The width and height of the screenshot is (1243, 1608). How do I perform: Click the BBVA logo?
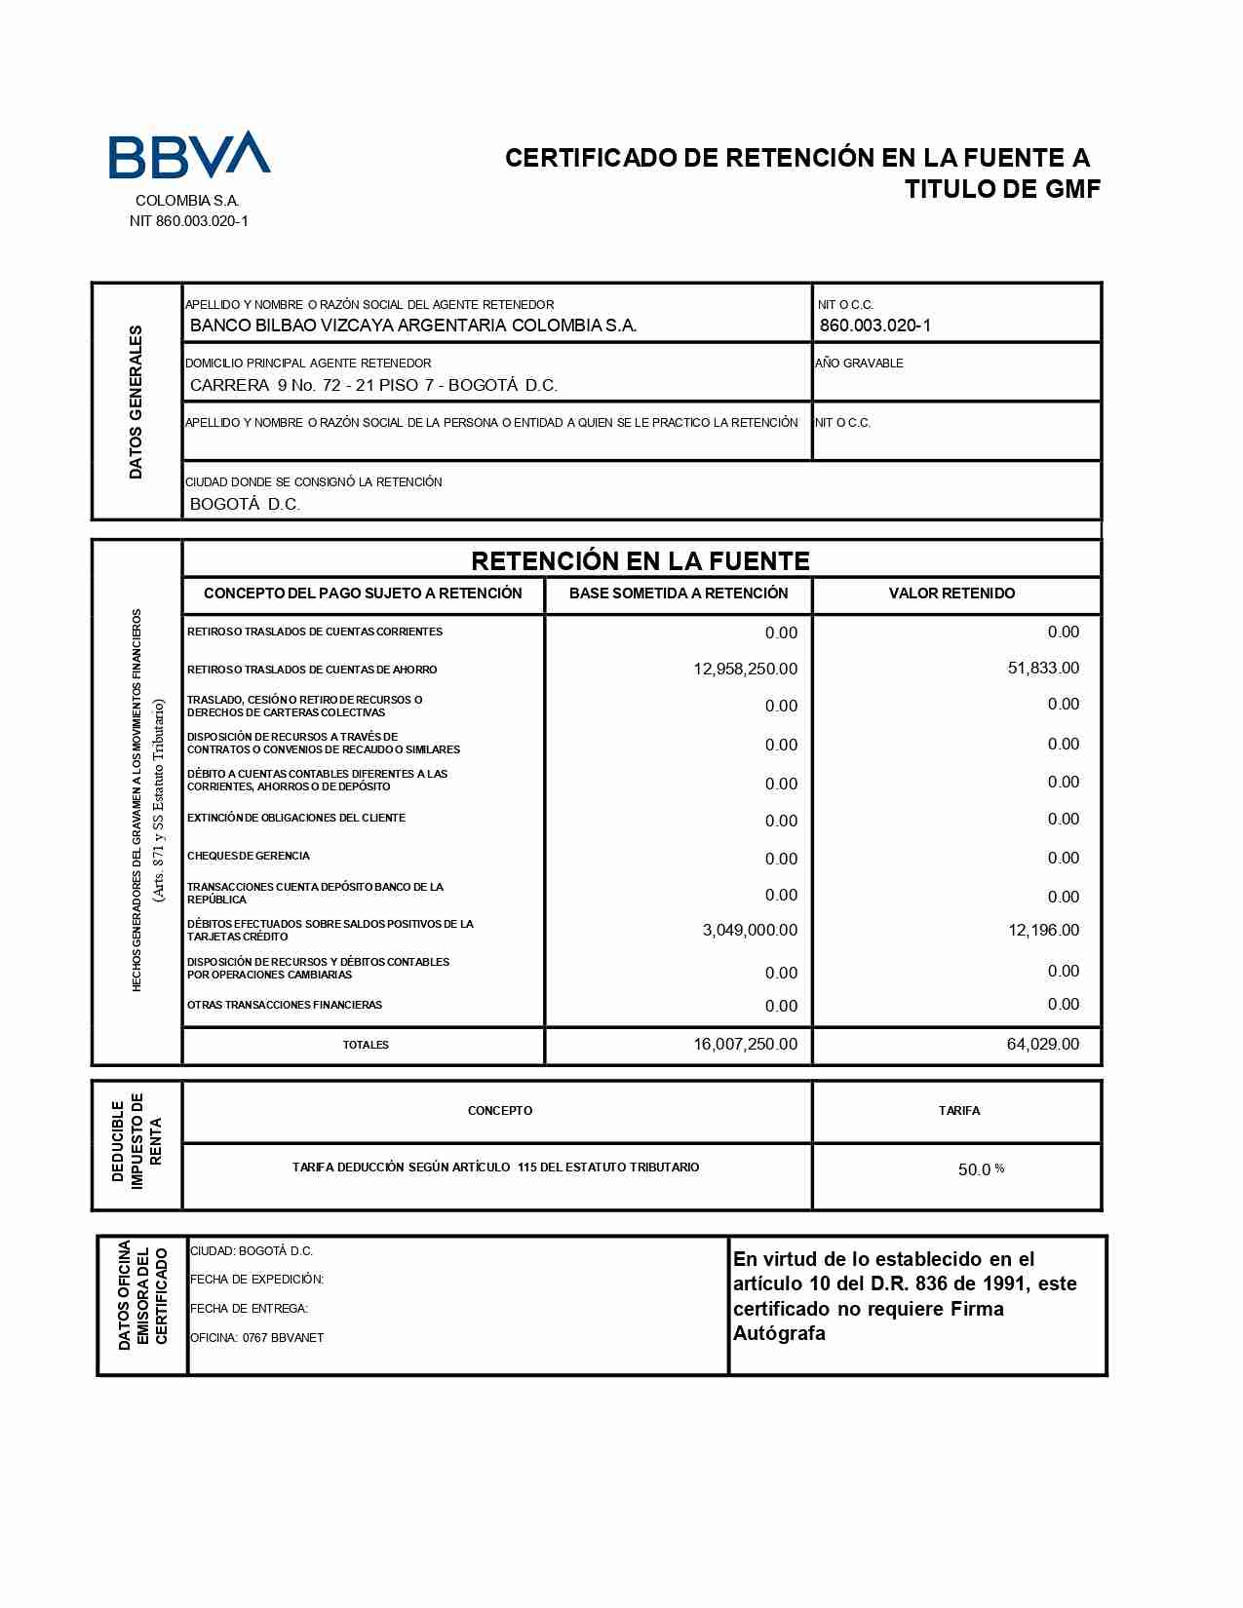pos(188,155)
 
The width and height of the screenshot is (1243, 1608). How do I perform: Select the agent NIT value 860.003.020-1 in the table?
pos(874,325)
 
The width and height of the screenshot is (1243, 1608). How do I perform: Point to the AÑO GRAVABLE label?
pos(859,364)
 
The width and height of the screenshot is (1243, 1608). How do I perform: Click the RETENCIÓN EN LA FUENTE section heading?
pos(641,560)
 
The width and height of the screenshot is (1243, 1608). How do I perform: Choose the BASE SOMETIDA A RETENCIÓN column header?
pos(679,593)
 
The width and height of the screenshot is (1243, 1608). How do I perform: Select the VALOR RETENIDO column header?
pos(952,593)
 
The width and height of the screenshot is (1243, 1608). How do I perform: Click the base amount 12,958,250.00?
pos(745,670)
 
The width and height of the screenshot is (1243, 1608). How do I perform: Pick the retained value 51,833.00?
pos(1043,669)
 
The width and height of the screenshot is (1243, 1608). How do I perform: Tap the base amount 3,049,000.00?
pos(750,931)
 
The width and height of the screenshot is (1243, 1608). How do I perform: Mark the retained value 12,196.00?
pos(1043,931)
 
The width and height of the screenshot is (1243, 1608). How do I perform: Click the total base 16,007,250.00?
pos(745,1045)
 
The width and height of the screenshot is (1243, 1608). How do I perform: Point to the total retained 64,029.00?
pos(1043,1045)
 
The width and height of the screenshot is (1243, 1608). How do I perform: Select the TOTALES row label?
pos(366,1045)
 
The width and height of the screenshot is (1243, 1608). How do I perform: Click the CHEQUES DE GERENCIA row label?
pos(249,856)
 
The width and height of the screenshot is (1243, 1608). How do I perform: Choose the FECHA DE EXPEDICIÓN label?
pos(256,1280)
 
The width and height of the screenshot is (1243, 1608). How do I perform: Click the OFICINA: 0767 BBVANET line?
pos(256,1338)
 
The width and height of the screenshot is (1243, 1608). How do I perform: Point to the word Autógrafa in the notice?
pos(779,1333)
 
